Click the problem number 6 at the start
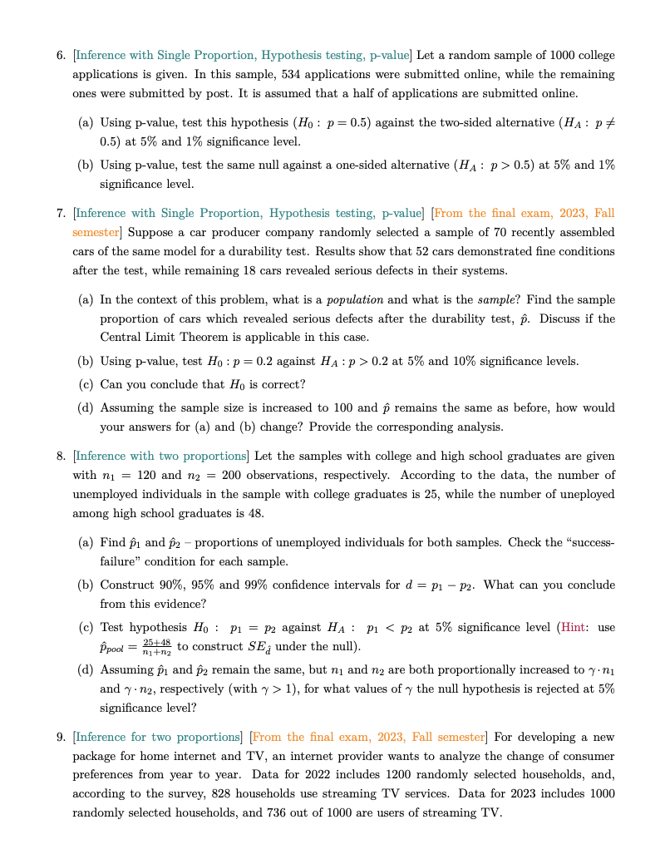click(x=61, y=56)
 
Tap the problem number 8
click(x=61, y=456)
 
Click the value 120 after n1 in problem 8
click(x=146, y=475)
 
